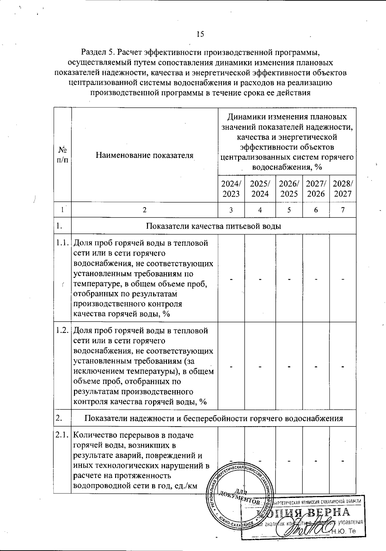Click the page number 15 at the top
(x=200, y=34)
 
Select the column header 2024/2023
(x=231, y=188)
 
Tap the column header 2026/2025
(x=289, y=188)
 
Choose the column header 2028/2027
(x=343, y=188)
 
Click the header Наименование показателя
(x=144, y=155)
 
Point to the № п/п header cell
(x=62, y=155)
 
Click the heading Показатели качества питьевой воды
(x=214, y=226)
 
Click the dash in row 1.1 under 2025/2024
(x=260, y=278)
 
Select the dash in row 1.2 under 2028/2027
(x=343, y=366)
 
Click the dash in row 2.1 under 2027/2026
(x=316, y=461)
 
